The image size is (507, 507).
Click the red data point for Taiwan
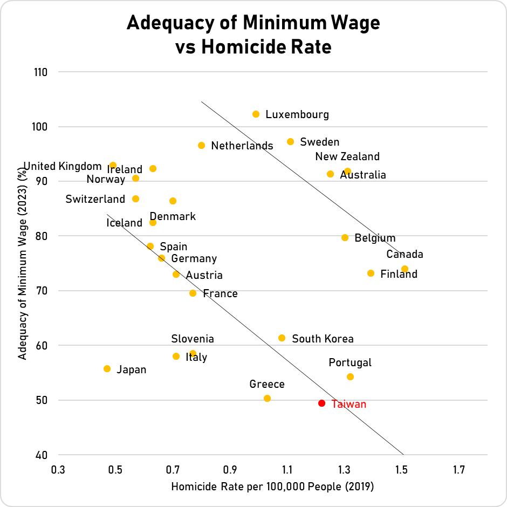(x=321, y=403)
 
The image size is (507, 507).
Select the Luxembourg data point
(x=256, y=114)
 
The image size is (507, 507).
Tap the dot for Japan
(x=107, y=369)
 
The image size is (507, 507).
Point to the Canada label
(x=405, y=255)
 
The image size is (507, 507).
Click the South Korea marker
(x=282, y=338)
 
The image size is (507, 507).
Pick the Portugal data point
(x=350, y=377)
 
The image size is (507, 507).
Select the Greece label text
(x=266, y=385)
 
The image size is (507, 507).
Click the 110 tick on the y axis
(x=42, y=72)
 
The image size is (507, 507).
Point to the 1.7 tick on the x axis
(x=459, y=470)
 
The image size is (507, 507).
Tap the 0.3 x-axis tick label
(x=58, y=470)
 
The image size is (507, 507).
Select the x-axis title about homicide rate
(x=272, y=487)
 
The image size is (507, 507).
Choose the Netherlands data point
(x=201, y=146)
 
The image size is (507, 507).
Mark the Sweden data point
(x=290, y=142)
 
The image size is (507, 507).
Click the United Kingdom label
(x=63, y=166)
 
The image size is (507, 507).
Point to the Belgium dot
(x=345, y=238)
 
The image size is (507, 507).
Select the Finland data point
(x=371, y=273)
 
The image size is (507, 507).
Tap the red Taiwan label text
(x=348, y=404)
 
